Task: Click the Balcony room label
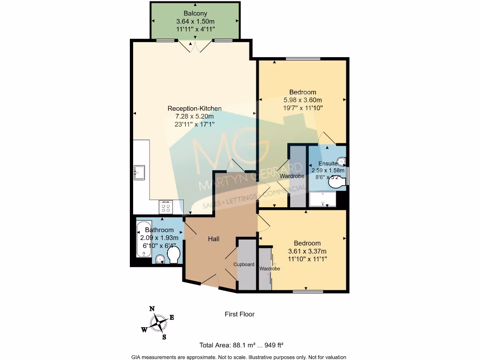tap(195, 13)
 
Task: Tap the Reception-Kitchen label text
tap(195, 108)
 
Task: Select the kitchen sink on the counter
tap(139, 173)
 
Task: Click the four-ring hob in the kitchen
tap(165, 207)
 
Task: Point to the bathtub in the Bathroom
tap(144, 240)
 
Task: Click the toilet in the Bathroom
tap(174, 255)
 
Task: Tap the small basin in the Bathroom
tap(160, 260)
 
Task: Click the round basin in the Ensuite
tap(341, 161)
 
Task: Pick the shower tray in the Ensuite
tap(322, 199)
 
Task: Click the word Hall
tap(214, 239)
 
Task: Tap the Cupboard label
tap(244, 264)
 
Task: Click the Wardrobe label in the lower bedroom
tap(270, 269)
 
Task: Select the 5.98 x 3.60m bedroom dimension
tap(303, 100)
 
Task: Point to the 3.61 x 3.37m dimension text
tap(307, 251)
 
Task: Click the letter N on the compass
tap(152, 308)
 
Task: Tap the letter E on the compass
tap(172, 317)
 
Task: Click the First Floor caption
tap(240, 314)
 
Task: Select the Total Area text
tap(241, 345)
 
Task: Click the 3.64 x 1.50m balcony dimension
tap(195, 22)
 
